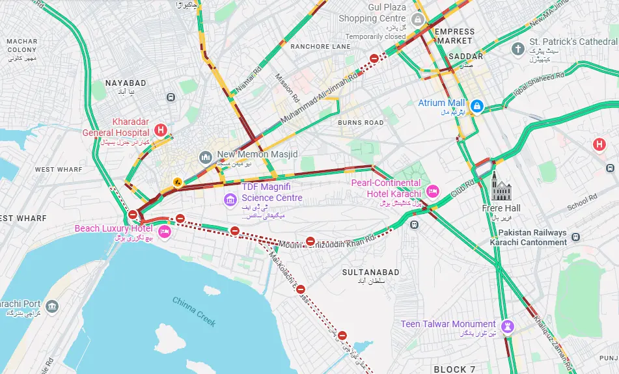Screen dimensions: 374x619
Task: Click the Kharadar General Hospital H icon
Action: click(x=160, y=130)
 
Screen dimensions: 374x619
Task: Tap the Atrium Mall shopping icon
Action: click(x=476, y=105)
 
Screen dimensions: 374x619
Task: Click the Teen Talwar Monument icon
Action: click(x=509, y=326)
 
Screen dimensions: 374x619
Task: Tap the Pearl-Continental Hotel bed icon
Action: click(x=433, y=191)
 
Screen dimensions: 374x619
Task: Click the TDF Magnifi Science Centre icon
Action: click(x=230, y=199)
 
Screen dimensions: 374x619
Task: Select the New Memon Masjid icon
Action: click(x=206, y=157)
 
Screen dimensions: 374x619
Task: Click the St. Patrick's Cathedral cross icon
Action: click(x=517, y=49)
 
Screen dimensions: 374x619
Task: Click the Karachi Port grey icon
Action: click(x=52, y=306)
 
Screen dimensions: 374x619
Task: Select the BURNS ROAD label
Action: click(x=361, y=122)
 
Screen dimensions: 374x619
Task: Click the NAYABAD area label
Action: click(x=126, y=83)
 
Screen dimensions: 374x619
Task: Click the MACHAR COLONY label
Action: click(x=22, y=46)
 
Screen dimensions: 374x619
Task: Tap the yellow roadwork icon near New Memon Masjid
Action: click(x=176, y=181)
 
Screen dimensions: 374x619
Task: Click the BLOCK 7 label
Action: click(x=454, y=369)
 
